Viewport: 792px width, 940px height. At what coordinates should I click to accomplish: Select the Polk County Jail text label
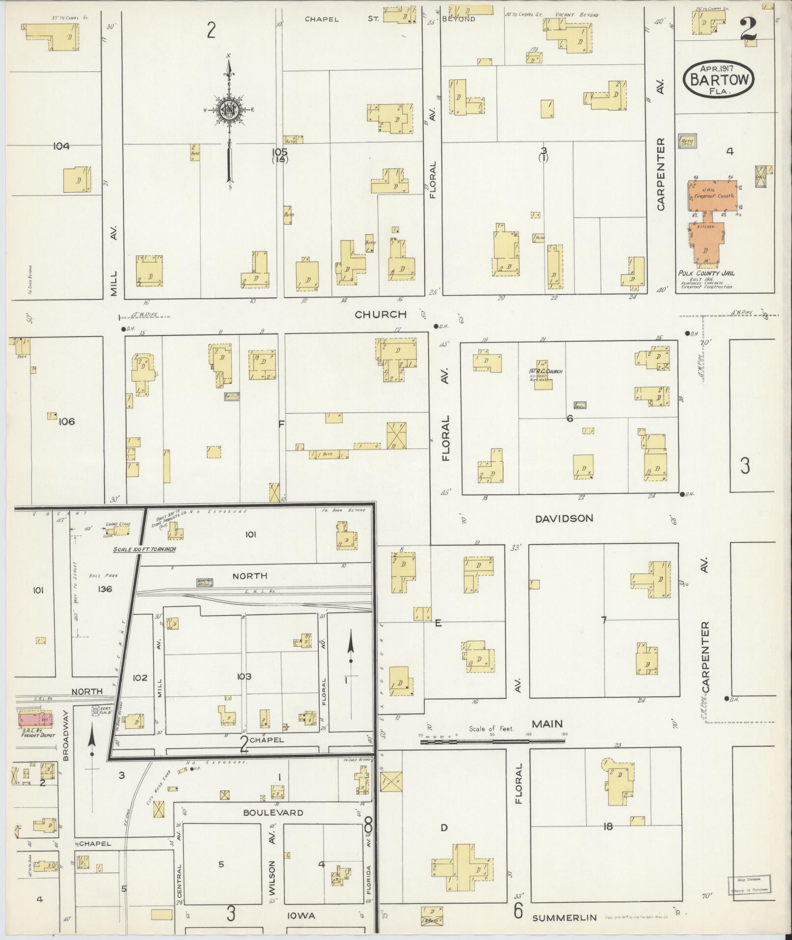click(x=706, y=273)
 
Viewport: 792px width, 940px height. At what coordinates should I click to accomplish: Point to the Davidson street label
click(x=564, y=518)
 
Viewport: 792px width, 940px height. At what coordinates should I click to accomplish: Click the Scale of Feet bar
click(x=492, y=741)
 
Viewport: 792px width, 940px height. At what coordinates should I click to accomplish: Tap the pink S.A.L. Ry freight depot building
click(x=34, y=719)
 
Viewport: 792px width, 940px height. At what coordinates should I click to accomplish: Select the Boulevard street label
click(x=273, y=813)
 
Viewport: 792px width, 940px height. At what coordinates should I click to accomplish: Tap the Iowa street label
click(x=301, y=916)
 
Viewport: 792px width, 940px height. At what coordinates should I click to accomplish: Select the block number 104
click(x=61, y=146)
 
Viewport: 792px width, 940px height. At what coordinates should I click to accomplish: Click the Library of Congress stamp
click(x=749, y=885)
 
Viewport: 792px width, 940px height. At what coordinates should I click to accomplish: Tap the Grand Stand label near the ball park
click(x=117, y=524)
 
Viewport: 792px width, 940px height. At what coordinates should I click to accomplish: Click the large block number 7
click(x=604, y=620)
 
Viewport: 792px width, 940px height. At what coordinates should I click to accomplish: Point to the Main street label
click(x=547, y=724)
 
